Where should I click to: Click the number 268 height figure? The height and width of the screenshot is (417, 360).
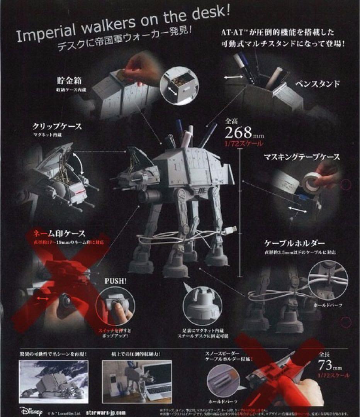[x=240, y=133]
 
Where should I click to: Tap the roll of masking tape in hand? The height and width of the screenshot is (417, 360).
[x=312, y=181]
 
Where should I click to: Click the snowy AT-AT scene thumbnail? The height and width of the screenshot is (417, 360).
[x=54, y=380]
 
